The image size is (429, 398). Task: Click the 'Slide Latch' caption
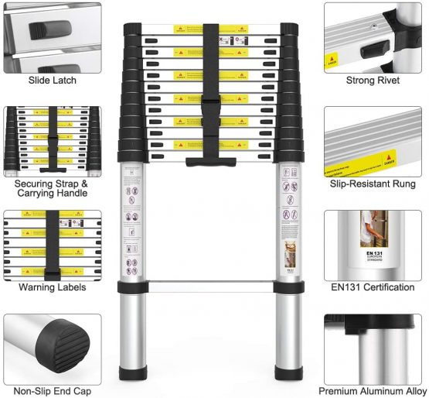pos(52,81)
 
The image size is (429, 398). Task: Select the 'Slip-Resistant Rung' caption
pos(373,184)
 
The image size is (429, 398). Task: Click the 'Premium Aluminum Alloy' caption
pos(373,391)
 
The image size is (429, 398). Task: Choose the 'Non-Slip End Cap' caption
pos(52,391)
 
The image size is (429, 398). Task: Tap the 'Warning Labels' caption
pos(52,287)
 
